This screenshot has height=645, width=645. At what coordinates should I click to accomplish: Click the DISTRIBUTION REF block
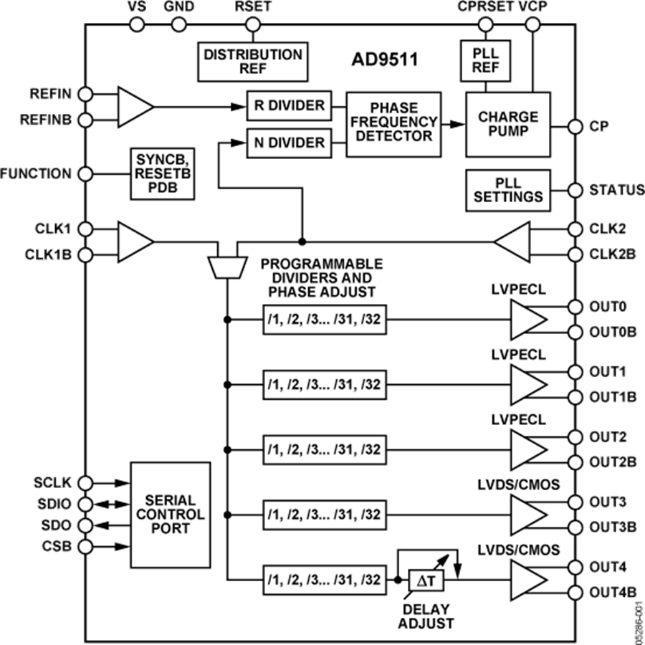[x=252, y=62]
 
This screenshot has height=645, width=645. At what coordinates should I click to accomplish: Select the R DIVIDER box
[x=290, y=106]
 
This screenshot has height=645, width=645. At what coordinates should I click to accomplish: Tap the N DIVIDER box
[x=290, y=143]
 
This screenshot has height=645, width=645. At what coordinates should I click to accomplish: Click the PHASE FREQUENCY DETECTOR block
[x=393, y=125]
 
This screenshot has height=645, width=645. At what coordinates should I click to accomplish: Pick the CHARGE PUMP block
[x=508, y=125]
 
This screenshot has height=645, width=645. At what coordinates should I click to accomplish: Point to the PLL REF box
[x=487, y=62]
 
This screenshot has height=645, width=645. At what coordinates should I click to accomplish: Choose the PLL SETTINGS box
[x=508, y=190]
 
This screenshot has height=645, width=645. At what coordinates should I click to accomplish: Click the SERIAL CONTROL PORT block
[x=171, y=515]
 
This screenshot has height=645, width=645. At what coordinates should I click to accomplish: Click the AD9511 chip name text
[x=384, y=59]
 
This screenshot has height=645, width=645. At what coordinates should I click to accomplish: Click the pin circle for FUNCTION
[x=85, y=174]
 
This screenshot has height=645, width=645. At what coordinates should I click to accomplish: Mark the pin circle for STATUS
[x=575, y=191]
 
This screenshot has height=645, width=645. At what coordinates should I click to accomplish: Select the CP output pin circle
[x=575, y=127]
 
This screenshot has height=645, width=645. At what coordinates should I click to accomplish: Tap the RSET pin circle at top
[x=251, y=24]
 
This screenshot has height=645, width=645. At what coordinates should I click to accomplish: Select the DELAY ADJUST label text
[x=426, y=616]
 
